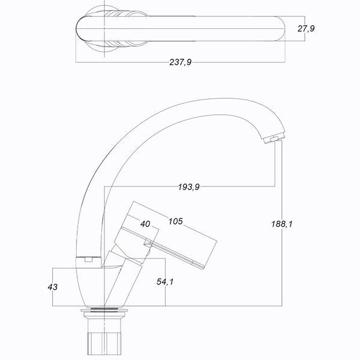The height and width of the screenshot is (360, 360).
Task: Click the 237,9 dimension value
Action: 180,62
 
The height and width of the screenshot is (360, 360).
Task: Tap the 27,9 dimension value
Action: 306,29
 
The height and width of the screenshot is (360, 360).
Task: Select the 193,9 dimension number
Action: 189,187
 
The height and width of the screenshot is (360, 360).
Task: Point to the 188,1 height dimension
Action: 282,224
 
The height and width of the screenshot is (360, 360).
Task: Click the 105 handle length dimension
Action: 176,221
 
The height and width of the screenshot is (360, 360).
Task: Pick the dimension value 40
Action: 145,224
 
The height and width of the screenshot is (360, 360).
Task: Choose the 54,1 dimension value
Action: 165,281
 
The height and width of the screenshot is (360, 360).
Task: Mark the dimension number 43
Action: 53,287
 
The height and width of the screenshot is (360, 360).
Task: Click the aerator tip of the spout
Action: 274,139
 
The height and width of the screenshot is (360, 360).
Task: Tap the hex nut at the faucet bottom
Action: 104,343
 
